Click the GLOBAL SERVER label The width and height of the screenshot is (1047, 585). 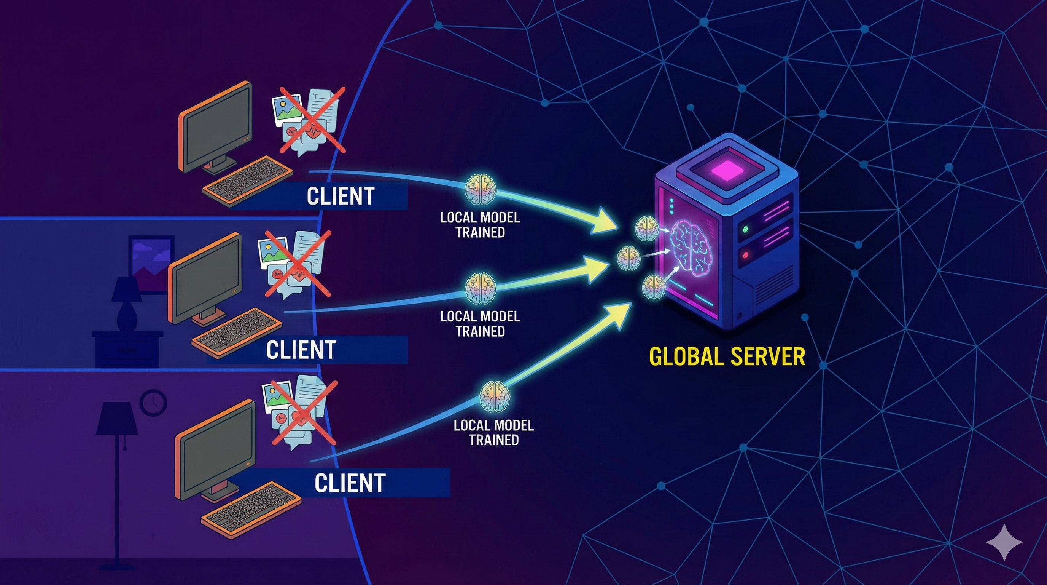tap(727, 357)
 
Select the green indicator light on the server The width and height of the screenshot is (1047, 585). tap(745, 229)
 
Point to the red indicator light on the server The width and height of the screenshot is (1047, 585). tap(745, 255)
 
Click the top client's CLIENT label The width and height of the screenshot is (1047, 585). tap(340, 196)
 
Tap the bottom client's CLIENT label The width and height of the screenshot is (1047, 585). tap(350, 483)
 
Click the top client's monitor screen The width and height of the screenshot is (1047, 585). tap(215, 126)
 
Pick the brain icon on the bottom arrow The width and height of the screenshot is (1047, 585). tap(494, 396)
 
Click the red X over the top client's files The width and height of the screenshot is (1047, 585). tap(312, 120)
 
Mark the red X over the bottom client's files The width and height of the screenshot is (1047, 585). tap(304, 413)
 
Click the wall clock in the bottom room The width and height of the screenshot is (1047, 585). tap(153, 402)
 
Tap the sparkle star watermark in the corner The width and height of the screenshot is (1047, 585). tap(1004, 542)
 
